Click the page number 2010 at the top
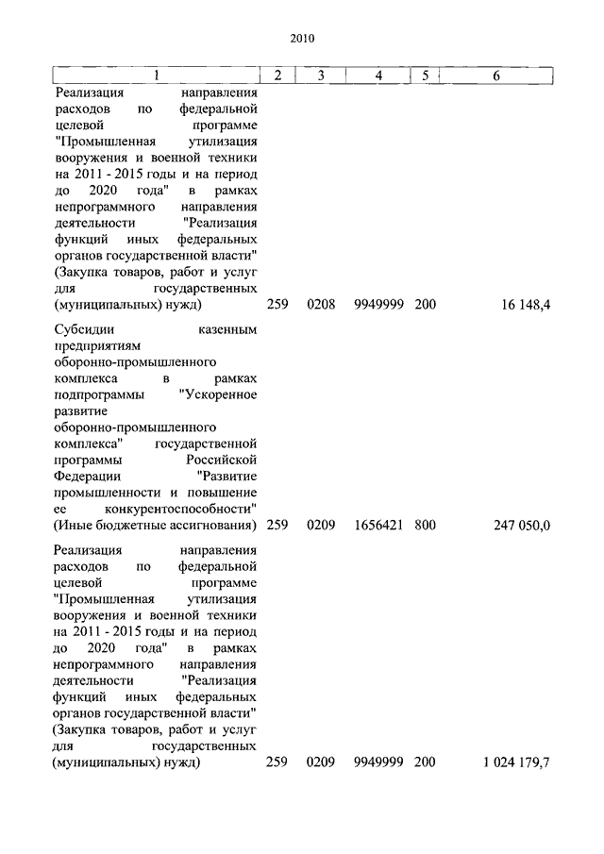[x=302, y=40]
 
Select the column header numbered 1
[x=157, y=75]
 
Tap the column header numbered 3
[x=321, y=75]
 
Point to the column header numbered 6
[x=497, y=75]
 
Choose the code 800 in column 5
[x=425, y=525]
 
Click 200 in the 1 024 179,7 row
[x=425, y=762]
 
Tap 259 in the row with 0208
[x=277, y=306]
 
